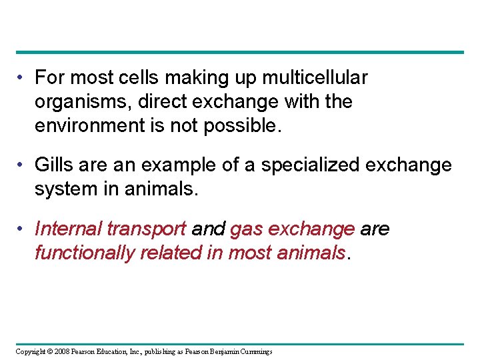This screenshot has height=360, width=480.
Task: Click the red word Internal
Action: [x=63, y=229]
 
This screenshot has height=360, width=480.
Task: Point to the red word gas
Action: [x=244, y=229]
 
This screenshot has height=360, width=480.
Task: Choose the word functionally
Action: [x=84, y=253]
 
